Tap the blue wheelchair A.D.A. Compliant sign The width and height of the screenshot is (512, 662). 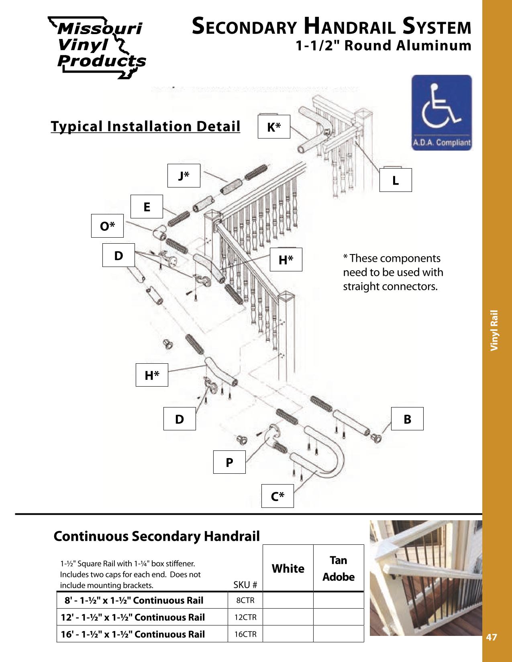pos(441,113)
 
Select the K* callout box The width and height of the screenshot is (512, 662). pos(274,127)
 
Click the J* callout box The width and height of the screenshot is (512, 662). pos(184,176)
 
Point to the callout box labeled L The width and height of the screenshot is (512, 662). pos(396,180)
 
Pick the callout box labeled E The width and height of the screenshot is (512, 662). pos(147,207)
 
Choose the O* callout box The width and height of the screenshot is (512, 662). pos(107,226)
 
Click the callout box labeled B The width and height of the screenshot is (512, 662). pos(407,419)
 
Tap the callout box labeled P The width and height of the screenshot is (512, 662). pos(229,462)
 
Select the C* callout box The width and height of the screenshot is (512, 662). pos(277,496)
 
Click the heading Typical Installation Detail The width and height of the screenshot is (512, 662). pos(145,126)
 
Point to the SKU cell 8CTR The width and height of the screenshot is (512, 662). pos(245,600)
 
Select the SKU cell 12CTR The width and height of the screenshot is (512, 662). pos(245,617)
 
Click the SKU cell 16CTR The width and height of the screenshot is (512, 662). pos(245,634)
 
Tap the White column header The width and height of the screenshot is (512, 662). pos(288,568)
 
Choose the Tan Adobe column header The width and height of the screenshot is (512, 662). pos(339,568)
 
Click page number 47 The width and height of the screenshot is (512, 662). pos(492,637)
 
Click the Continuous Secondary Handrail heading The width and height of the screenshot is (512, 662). pos(157,536)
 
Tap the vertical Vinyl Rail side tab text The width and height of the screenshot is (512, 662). pos(494,330)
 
